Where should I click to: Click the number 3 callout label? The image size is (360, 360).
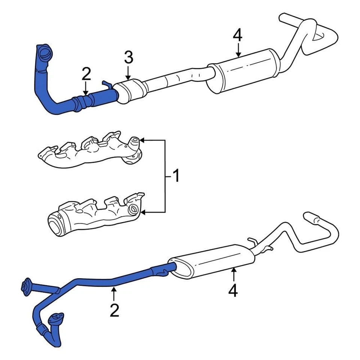click(x=128, y=58)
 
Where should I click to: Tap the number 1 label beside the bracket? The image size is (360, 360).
click(x=175, y=175)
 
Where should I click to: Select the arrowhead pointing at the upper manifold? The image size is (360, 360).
click(x=145, y=140)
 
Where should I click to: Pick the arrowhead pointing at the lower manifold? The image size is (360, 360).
click(x=145, y=213)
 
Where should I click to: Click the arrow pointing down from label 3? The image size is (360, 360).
click(x=128, y=73)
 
